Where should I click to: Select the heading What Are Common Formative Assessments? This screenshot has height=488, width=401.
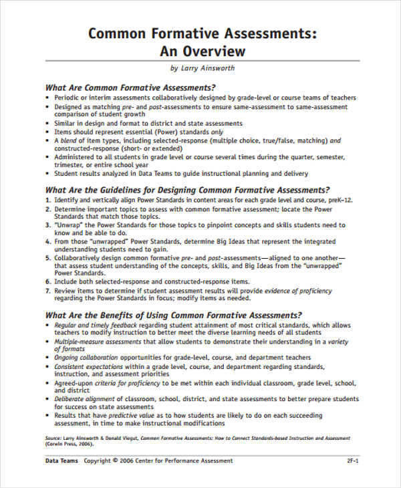130,87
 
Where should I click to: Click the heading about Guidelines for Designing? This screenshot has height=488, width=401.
187,190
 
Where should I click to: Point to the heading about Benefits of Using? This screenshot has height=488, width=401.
173,314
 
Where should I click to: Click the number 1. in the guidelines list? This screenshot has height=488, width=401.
47,201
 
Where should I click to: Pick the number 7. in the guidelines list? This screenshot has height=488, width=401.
47,291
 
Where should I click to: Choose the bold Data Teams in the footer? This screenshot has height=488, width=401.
61,461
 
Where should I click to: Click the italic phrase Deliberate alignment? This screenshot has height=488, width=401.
83,398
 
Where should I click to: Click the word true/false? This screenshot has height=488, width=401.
277,141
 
